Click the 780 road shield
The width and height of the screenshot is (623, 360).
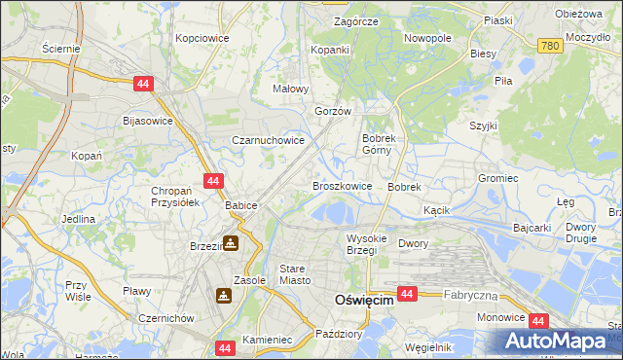(551, 46)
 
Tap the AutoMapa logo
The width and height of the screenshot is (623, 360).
(561, 342)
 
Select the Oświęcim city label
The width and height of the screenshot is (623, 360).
(363, 301)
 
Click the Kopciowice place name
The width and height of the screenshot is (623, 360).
(202, 38)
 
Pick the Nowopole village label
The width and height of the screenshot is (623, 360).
(428, 38)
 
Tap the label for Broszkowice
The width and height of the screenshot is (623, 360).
(341, 185)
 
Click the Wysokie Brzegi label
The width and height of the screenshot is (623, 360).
(367, 244)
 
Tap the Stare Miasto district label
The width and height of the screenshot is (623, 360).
(294, 274)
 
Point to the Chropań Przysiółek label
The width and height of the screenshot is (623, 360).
(174, 197)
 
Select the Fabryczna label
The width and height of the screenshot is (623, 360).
(470, 293)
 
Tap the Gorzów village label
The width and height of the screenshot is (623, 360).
(332, 111)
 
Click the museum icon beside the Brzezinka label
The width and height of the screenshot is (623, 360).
(231, 243)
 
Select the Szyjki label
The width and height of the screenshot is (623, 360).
(483, 126)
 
